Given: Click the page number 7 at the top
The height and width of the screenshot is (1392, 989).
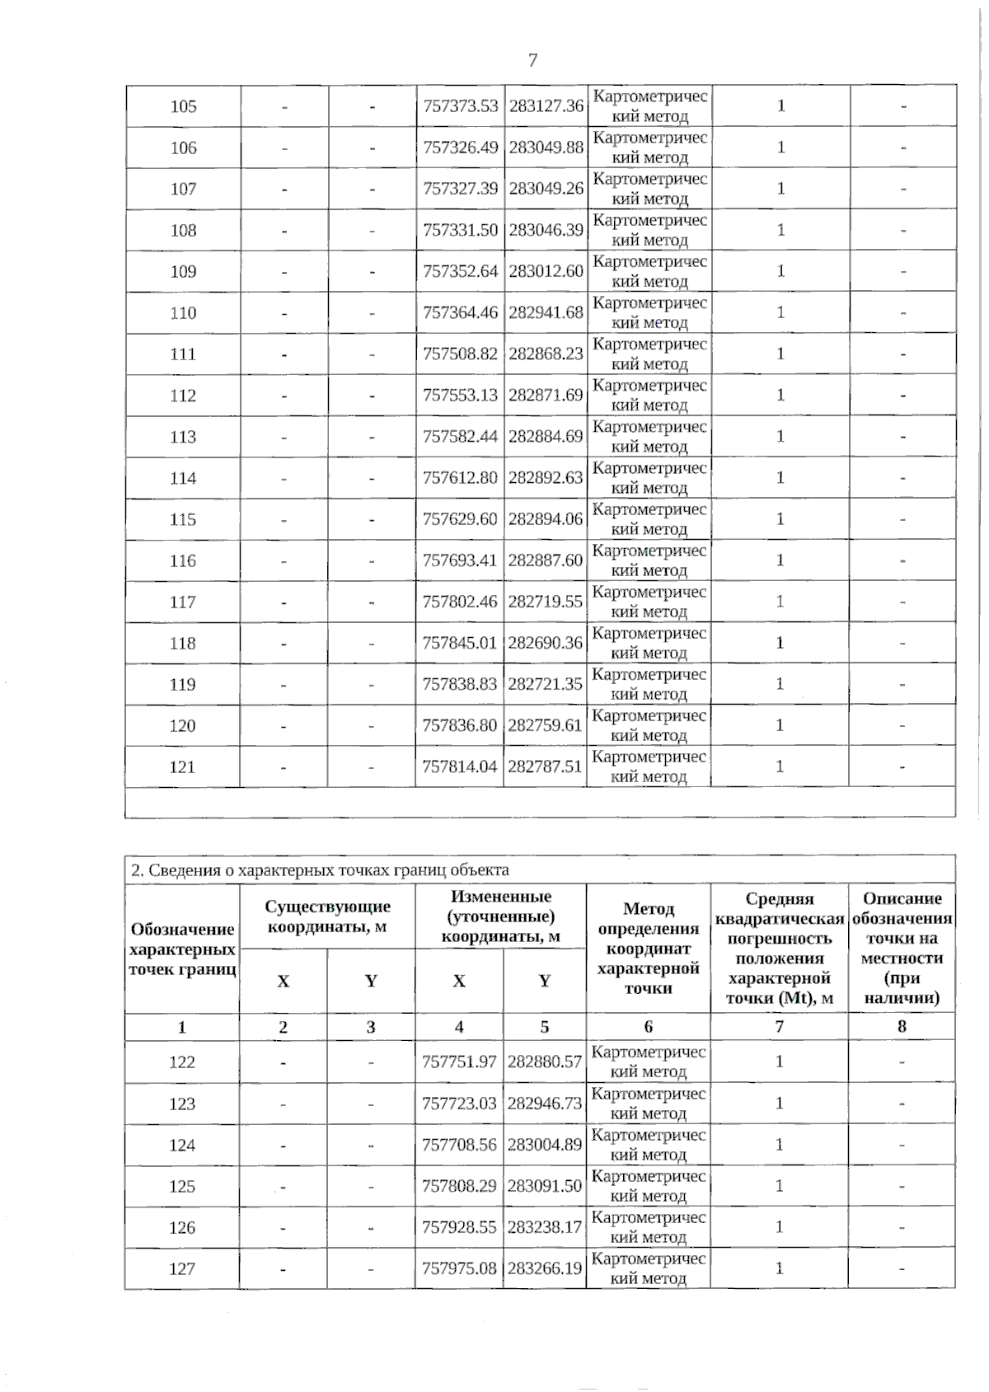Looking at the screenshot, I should (532, 60).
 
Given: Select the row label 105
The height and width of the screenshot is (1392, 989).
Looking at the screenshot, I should (183, 106).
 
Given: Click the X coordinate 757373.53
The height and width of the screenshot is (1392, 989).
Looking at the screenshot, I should (460, 106).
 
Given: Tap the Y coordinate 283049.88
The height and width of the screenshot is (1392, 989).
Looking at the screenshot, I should (546, 148).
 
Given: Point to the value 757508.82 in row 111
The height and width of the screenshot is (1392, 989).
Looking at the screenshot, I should (460, 354).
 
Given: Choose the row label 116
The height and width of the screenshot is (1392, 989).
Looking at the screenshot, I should (183, 560).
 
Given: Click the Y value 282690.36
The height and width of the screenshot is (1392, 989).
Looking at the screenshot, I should (545, 643).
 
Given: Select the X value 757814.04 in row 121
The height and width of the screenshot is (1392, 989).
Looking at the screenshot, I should (460, 766).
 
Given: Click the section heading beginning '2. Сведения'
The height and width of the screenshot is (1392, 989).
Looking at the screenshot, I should (321, 869).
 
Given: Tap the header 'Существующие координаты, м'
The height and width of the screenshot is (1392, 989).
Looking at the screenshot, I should (327, 916).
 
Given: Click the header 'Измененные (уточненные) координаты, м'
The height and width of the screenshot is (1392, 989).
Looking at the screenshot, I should (500, 916).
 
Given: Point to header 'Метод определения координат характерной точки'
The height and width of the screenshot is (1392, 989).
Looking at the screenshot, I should (648, 948).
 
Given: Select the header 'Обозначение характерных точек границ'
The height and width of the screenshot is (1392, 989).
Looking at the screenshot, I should (182, 949).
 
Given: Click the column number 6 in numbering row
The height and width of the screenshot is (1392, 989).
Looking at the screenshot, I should (648, 1026).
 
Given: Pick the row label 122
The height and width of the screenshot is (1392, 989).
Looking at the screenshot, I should (182, 1062).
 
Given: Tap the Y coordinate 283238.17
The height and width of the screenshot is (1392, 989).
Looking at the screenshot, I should (545, 1227).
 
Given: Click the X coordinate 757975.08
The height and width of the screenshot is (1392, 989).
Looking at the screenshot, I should (459, 1268).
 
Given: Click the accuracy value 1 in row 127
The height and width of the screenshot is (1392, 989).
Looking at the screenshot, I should (779, 1268).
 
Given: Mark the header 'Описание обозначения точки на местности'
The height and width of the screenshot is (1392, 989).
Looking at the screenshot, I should (902, 948).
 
